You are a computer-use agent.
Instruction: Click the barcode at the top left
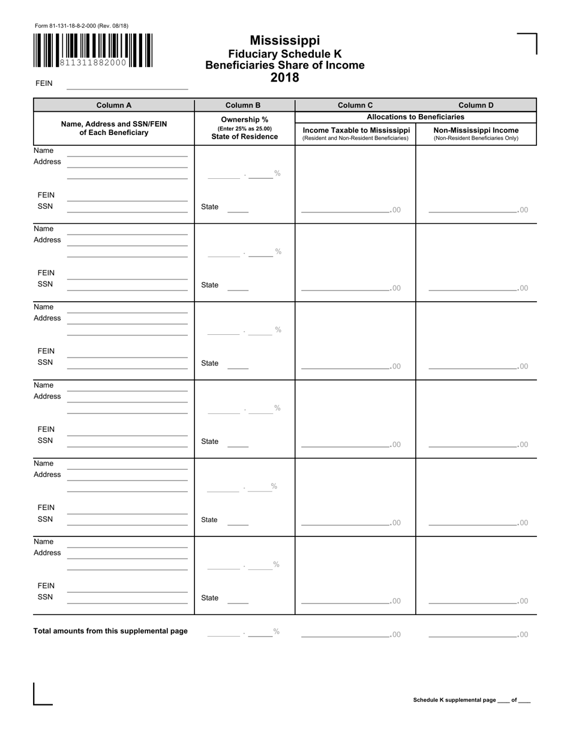coord(93,50)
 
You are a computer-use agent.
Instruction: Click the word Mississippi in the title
coord(284,40)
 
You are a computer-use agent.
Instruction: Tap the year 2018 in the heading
coord(284,77)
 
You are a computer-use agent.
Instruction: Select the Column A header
coord(113,105)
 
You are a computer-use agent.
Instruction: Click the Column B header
coord(244,105)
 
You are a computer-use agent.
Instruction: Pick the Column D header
coord(476,105)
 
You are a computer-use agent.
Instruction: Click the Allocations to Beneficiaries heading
coord(415,117)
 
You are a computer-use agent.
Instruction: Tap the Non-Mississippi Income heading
coord(476,130)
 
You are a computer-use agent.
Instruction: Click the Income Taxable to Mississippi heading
coord(356,130)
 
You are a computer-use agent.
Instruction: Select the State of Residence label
coord(244,137)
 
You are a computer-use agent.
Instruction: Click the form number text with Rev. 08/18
coord(82,26)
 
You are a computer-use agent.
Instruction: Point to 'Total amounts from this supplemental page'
coord(110,631)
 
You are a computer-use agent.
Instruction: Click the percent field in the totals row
coord(243,632)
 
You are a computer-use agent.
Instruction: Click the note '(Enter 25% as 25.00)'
coord(244,128)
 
